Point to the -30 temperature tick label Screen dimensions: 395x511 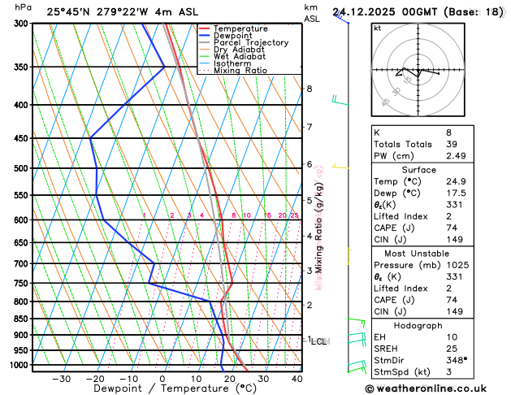tap(61, 379)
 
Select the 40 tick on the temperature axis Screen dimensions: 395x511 tap(297, 379)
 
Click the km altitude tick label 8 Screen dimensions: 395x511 tap(310, 89)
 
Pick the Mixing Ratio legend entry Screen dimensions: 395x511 tap(240, 70)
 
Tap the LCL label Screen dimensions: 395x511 tap(318, 341)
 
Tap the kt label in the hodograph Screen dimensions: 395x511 tap(377, 28)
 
